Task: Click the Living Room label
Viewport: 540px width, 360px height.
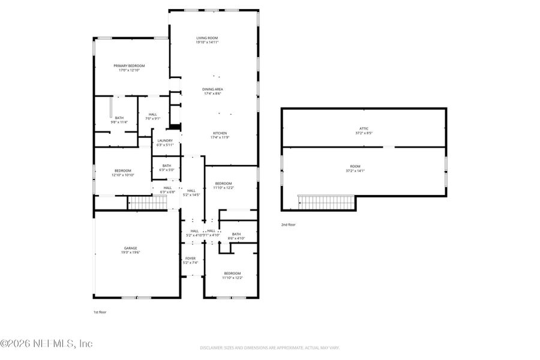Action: click(207, 40)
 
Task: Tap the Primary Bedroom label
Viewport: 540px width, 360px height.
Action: click(129, 68)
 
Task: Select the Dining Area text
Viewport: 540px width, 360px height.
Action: click(212, 91)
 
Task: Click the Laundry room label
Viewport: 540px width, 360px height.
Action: click(164, 143)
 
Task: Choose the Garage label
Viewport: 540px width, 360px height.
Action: click(130, 250)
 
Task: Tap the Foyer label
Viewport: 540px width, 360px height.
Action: click(190, 260)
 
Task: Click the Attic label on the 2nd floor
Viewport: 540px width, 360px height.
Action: click(364, 131)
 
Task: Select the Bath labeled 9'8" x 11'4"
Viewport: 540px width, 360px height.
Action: click(119, 120)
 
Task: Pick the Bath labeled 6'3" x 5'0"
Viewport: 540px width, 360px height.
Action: click(166, 167)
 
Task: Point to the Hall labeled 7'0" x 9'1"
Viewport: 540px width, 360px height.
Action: click(153, 116)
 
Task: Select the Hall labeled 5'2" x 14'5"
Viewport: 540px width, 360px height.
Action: click(191, 193)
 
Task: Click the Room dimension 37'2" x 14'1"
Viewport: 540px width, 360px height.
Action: click(364, 171)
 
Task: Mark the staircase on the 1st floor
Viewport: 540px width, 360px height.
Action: click(148, 203)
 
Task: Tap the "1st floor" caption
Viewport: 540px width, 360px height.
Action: click(100, 312)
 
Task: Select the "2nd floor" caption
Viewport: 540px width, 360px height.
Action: click(288, 224)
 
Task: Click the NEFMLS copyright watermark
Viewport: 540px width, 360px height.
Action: click(46, 344)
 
